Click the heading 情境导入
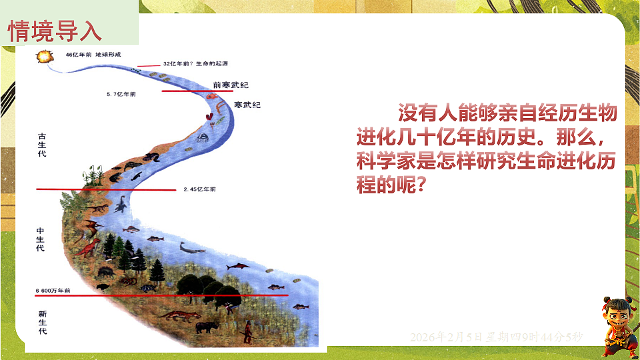tap(55, 29)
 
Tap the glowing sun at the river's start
tap(45, 57)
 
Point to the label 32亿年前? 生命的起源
tap(195, 64)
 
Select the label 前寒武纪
tap(230, 85)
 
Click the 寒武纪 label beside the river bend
tap(247, 105)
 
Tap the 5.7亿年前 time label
tap(121, 95)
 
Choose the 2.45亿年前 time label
tap(199, 189)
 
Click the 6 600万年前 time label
tap(53, 291)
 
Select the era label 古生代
tap(42, 145)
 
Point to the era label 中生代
tap(41, 239)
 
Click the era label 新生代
tap(42, 322)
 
